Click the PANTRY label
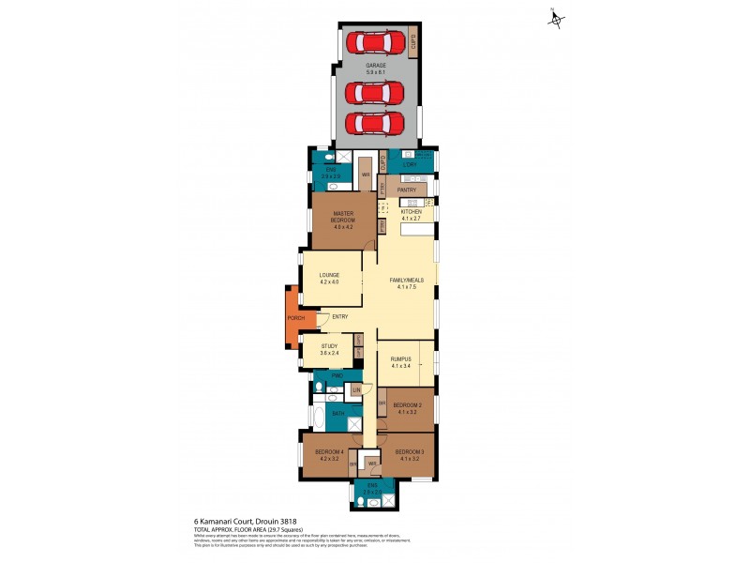coord(407,190)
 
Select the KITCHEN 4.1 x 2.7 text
coord(412,215)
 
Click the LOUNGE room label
coord(328,278)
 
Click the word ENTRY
coord(339,317)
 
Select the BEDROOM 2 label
coord(410,407)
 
